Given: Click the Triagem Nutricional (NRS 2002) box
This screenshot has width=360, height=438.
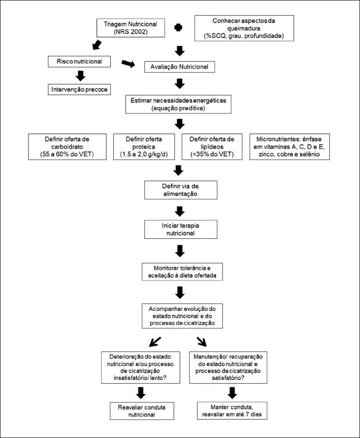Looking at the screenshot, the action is click(131, 28).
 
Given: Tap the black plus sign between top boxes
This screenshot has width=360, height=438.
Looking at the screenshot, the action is click(178, 28).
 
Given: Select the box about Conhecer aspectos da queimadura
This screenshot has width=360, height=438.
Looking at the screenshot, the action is click(244, 28).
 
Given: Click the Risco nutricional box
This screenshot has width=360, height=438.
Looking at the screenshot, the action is click(79, 61).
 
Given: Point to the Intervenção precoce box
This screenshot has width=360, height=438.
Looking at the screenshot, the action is click(79, 89).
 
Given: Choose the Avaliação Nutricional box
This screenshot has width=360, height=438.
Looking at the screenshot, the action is click(180, 67).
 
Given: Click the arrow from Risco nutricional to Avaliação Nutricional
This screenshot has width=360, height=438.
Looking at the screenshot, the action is click(128, 64).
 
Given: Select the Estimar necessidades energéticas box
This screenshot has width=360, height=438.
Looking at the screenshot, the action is click(178, 104).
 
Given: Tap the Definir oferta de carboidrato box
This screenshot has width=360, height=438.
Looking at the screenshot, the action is click(67, 147).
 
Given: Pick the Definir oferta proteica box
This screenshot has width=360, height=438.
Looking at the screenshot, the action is click(144, 147).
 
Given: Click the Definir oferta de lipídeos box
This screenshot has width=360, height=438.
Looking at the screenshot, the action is click(212, 147).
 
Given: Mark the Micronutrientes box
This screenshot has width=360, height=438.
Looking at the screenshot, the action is click(289, 147).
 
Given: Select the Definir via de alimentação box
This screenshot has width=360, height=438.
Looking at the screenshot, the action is click(181, 190).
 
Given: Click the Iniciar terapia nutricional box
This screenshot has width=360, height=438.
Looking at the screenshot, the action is click(181, 229).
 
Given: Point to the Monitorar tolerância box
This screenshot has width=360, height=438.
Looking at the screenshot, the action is click(182, 272).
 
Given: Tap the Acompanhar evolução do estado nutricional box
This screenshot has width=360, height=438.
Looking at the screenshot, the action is click(182, 316).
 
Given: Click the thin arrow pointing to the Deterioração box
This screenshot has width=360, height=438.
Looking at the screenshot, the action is click(155, 342).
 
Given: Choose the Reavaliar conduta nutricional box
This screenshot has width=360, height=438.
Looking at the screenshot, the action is click(142, 411).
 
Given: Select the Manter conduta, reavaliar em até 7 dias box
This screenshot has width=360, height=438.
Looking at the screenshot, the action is click(232, 411).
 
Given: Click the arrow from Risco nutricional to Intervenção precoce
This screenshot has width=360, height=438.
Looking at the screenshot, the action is click(80, 76).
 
